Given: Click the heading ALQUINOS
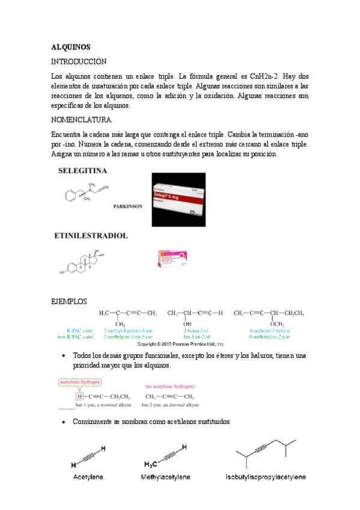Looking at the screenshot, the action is tap(70, 46).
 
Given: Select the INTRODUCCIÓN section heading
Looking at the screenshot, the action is tap(78, 62).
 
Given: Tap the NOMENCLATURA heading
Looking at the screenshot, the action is tap(81, 120).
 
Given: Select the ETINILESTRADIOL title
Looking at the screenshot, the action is tap(93, 236).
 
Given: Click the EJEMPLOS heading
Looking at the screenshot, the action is tap(69, 301).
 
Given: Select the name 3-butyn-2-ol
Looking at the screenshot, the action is tap(196, 331).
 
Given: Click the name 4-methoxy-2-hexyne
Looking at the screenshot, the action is tap(270, 331).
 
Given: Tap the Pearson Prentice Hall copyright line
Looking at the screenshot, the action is tap(181, 345).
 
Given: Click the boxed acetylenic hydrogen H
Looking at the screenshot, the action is tap(78, 396).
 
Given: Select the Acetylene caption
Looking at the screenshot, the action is tap(88, 477).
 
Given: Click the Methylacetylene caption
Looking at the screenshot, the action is tap(166, 477).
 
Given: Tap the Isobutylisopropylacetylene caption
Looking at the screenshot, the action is tap(266, 477).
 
